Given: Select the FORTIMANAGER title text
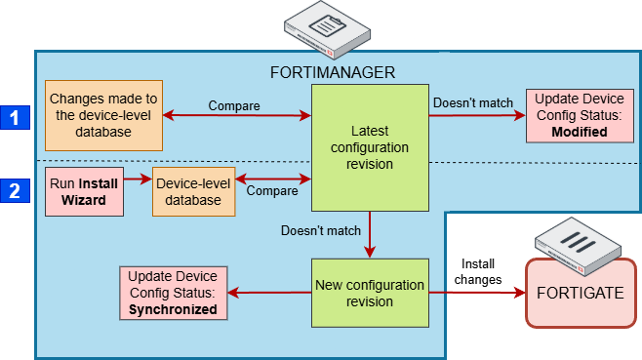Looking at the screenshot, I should [332, 72].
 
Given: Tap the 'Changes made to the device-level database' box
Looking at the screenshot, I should [104, 115].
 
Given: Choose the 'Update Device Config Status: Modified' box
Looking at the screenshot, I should [573, 115].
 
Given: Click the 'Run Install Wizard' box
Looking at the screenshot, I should [84, 191].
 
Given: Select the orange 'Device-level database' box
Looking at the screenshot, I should [194, 191].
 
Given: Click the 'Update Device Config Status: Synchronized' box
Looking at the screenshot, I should [173, 293].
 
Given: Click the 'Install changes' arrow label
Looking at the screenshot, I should [478, 271].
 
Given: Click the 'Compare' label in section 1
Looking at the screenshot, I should [235, 104].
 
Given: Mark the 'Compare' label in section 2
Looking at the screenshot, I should [272, 191].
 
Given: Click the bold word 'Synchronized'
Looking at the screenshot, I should [173, 309].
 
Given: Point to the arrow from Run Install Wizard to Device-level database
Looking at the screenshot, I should [137, 180].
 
